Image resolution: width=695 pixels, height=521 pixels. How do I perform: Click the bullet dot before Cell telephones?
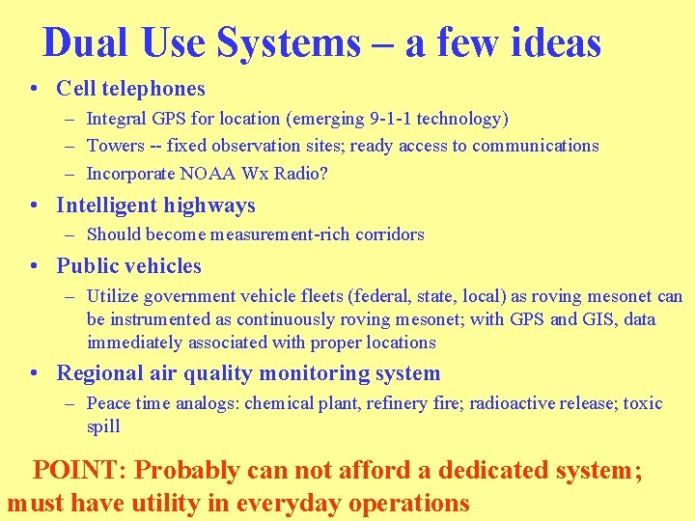pos(35,90)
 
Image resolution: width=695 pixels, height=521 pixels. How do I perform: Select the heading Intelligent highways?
pos(155,206)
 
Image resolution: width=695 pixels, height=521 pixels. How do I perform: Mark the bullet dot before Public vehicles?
pos(35,266)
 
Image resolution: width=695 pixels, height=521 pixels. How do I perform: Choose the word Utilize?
pos(113,297)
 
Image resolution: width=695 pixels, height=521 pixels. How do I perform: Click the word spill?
pos(103,426)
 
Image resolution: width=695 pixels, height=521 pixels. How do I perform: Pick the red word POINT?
pos(81,471)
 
